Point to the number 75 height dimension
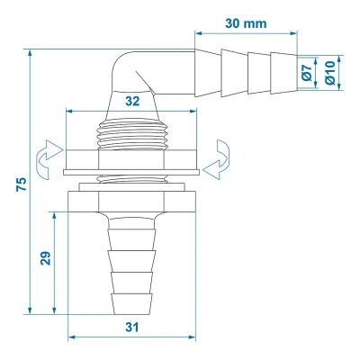20,184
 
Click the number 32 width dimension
133,103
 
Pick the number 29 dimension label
44,258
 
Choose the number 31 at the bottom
133,328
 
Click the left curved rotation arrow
43,157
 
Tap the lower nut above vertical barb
133,196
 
